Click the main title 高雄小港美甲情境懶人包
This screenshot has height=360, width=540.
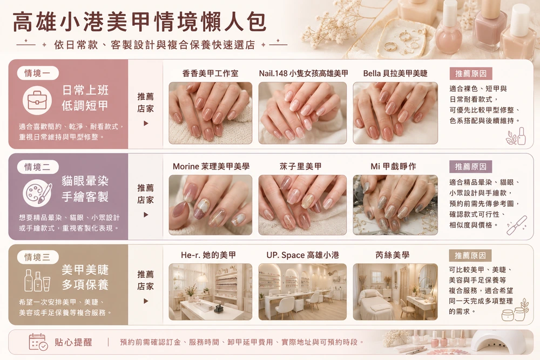(139, 22)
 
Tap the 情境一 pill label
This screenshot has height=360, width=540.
(38, 73)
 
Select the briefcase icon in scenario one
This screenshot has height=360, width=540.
(37, 100)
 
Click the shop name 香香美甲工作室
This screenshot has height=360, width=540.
(210, 73)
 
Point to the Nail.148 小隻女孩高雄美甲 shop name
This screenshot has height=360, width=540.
(303, 73)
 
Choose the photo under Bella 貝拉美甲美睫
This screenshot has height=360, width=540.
(395, 113)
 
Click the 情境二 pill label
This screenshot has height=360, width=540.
(38, 167)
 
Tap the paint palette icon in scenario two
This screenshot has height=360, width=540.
(37, 193)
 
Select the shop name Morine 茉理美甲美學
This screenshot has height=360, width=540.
(211, 167)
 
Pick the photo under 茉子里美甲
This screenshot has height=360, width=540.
(302, 205)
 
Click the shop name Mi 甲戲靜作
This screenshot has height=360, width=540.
(393, 167)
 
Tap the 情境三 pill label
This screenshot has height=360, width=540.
(38, 257)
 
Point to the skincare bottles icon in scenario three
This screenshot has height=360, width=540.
(37, 280)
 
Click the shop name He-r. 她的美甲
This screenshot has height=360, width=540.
(208, 255)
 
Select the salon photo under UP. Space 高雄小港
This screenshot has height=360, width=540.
(302, 292)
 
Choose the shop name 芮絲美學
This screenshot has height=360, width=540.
(392, 255)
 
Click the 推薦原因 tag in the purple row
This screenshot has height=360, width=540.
(470, 167)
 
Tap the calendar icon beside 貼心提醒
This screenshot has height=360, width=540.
(38, 342)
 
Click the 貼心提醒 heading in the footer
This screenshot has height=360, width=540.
(73, 342)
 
